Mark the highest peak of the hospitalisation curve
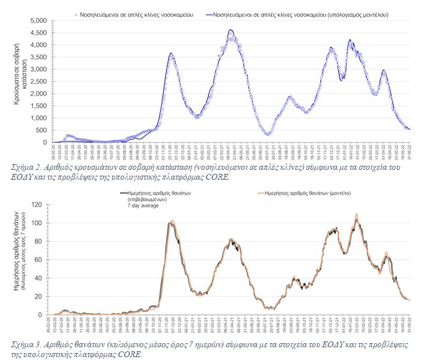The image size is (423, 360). [231, 30]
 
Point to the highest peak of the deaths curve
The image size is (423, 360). [356, 215]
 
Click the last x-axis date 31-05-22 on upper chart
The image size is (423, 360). [409, 152]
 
